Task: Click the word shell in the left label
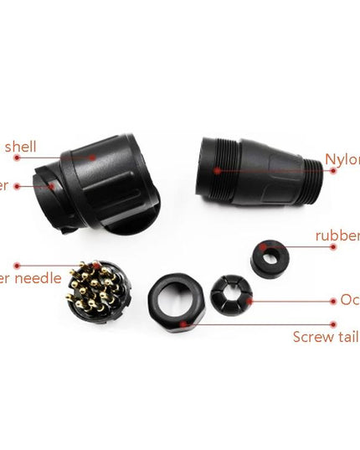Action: click(x=20, y=147)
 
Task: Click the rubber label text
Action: click(x=337, y=235)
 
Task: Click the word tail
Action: click(x=347, y=337)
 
